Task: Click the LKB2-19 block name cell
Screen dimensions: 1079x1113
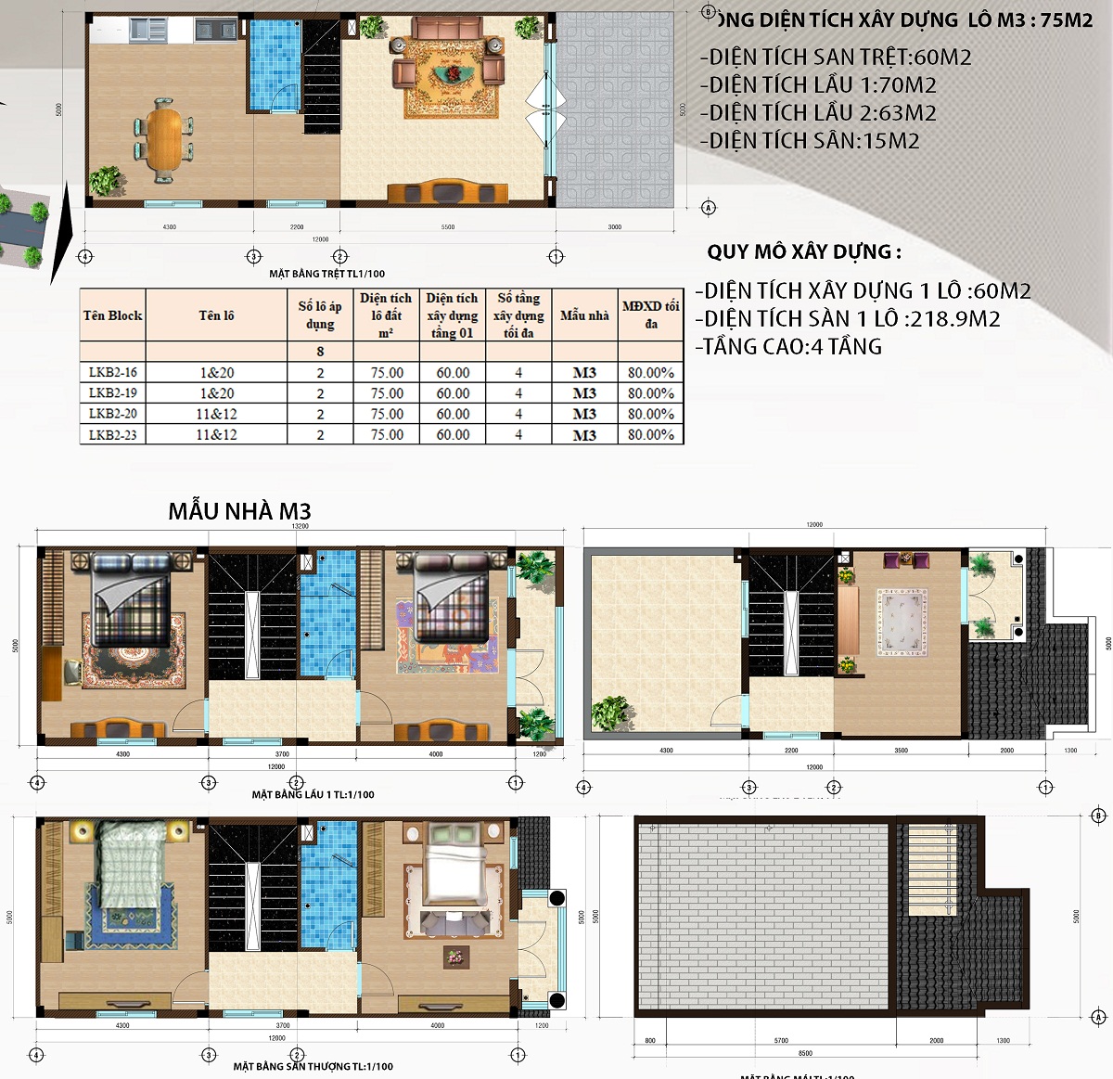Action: [x=112, y=393]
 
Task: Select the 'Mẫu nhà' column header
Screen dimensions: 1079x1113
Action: [x=584, y=315]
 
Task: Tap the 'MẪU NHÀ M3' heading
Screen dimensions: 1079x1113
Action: [x=239, y=511]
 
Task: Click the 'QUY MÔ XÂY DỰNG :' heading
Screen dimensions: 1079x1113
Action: [x=803, y=252]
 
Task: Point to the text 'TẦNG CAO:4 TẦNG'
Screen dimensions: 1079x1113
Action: [x=788, y=347]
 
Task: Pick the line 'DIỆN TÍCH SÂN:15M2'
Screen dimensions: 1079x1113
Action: [x=810, y=141]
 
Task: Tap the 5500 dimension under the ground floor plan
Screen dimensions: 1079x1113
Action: [x=448, y=227]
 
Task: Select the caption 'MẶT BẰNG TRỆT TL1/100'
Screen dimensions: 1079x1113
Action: [x=326, y=274]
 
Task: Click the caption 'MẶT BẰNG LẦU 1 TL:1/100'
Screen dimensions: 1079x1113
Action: [x=313, y=794]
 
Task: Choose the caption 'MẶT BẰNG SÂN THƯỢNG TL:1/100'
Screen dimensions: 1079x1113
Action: [x=313, y=1066]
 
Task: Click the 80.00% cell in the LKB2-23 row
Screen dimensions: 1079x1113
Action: [x=650, y=434]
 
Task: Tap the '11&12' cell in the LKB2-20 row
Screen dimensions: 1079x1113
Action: [x=216, y=414]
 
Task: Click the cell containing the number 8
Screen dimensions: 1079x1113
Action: [x=320, y=352]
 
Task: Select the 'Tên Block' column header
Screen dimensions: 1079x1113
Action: [x=112, y=315]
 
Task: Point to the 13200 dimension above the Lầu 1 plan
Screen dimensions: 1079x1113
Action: [x=300, y=526]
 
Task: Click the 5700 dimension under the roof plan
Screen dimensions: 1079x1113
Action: [x=781, y=1041]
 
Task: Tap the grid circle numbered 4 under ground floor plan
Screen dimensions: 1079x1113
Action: [x=85, y=257]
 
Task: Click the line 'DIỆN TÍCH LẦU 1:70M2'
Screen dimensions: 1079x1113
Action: [x=818, y=85]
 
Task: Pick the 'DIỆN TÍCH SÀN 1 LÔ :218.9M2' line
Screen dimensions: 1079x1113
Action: [x=848, y=319]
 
